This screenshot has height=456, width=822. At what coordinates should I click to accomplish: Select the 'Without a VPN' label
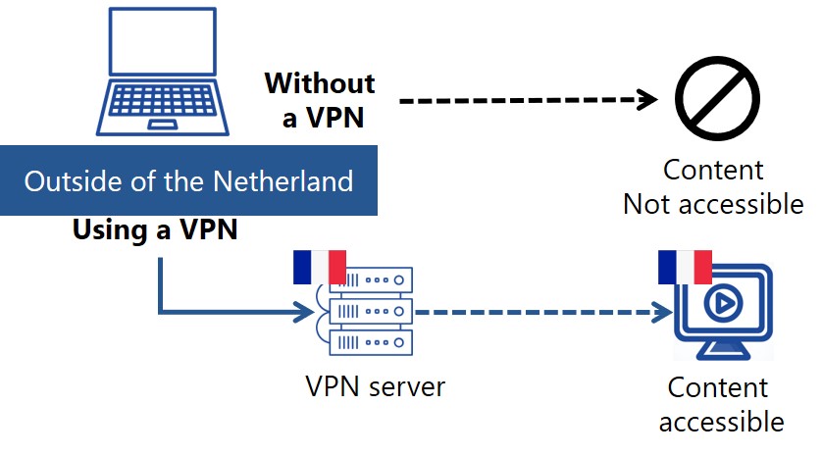pyautogui.click(x=319, y=100)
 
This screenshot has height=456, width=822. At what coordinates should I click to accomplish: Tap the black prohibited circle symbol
pyautogui.click(x=718, y=99)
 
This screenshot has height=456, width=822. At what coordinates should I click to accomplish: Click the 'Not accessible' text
pyautogui.click(x=713, y=204)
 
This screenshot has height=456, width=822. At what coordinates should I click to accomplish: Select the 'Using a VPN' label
pyautogui.click(x=155, y=231)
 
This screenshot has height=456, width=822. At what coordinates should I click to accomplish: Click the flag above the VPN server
pyautogui.click(x=320, y=267)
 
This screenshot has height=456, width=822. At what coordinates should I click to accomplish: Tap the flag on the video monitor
pyautogui.click(x=685, y=266)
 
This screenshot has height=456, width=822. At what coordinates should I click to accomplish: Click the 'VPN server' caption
pyautogui.click(x=375, y=386)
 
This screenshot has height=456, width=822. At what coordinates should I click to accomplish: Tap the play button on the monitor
pyautogui.click(x=722, y=305)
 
